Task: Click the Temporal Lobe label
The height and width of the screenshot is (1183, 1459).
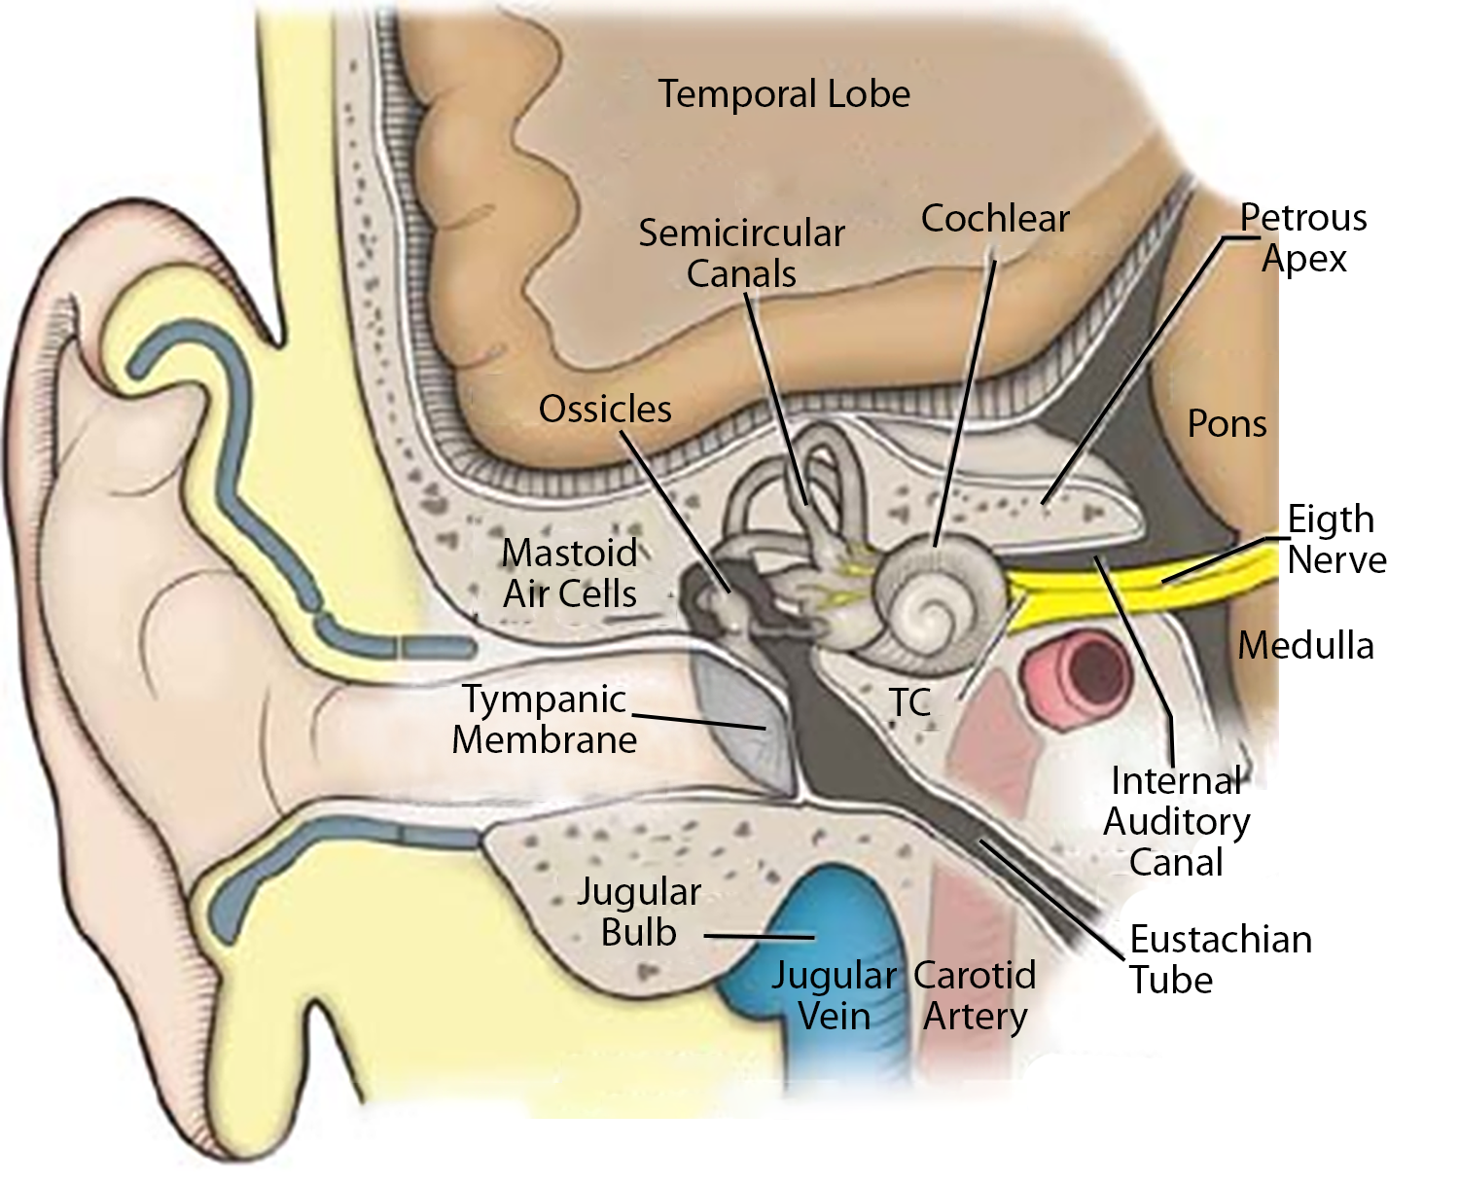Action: tap(784, 94)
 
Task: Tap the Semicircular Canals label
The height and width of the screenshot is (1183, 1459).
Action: tap(741, 253)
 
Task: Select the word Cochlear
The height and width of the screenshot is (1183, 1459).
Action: tap(995, 219)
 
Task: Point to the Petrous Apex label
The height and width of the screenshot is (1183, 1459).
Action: tap(1304, 237)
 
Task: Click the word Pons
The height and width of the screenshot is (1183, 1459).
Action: tap(1228, 424)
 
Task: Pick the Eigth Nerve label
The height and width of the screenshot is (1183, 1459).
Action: tap(1335, 539)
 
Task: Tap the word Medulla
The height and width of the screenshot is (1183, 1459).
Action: tap(1305, 646)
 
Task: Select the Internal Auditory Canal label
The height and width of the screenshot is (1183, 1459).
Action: tap(1176, 821)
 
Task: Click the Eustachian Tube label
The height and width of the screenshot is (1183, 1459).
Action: tap(1220, 959)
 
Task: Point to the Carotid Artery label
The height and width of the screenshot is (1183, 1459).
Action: tap(975, 995)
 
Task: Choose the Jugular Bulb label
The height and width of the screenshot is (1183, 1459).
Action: tap(639, 912)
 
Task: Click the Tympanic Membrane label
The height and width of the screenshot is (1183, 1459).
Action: tap(544, 719)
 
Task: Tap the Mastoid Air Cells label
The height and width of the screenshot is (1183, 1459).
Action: tap(569, 573)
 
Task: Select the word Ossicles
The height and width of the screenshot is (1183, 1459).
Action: tap(605, 410)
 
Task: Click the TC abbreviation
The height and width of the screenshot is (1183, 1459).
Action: tap(910, 702)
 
